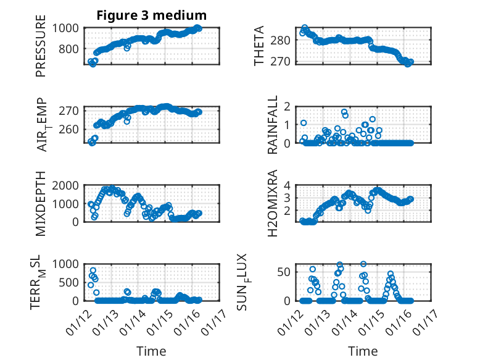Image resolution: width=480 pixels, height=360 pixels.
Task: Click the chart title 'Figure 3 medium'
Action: pyautogui.click(x=151, y=15)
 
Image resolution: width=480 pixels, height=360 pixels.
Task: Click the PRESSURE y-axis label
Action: pyautogui.click(x=41, y=50)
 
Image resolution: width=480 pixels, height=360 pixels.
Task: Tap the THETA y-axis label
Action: pyautogui.click(x=259, y=46)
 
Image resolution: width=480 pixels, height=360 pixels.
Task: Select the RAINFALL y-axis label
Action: pyautogui.click(x=273, y=125)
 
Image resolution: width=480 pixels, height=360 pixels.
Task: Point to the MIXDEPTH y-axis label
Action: pyautogui.click(x=41, y=203)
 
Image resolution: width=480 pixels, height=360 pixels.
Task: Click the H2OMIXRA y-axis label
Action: pyautogui.click(x=273, y=203)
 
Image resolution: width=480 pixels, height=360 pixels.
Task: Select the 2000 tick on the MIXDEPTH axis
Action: pyautogui.click(x=65, y=185)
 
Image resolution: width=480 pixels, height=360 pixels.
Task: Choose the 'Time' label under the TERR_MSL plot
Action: pyautogui.click(x=151, y=351)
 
